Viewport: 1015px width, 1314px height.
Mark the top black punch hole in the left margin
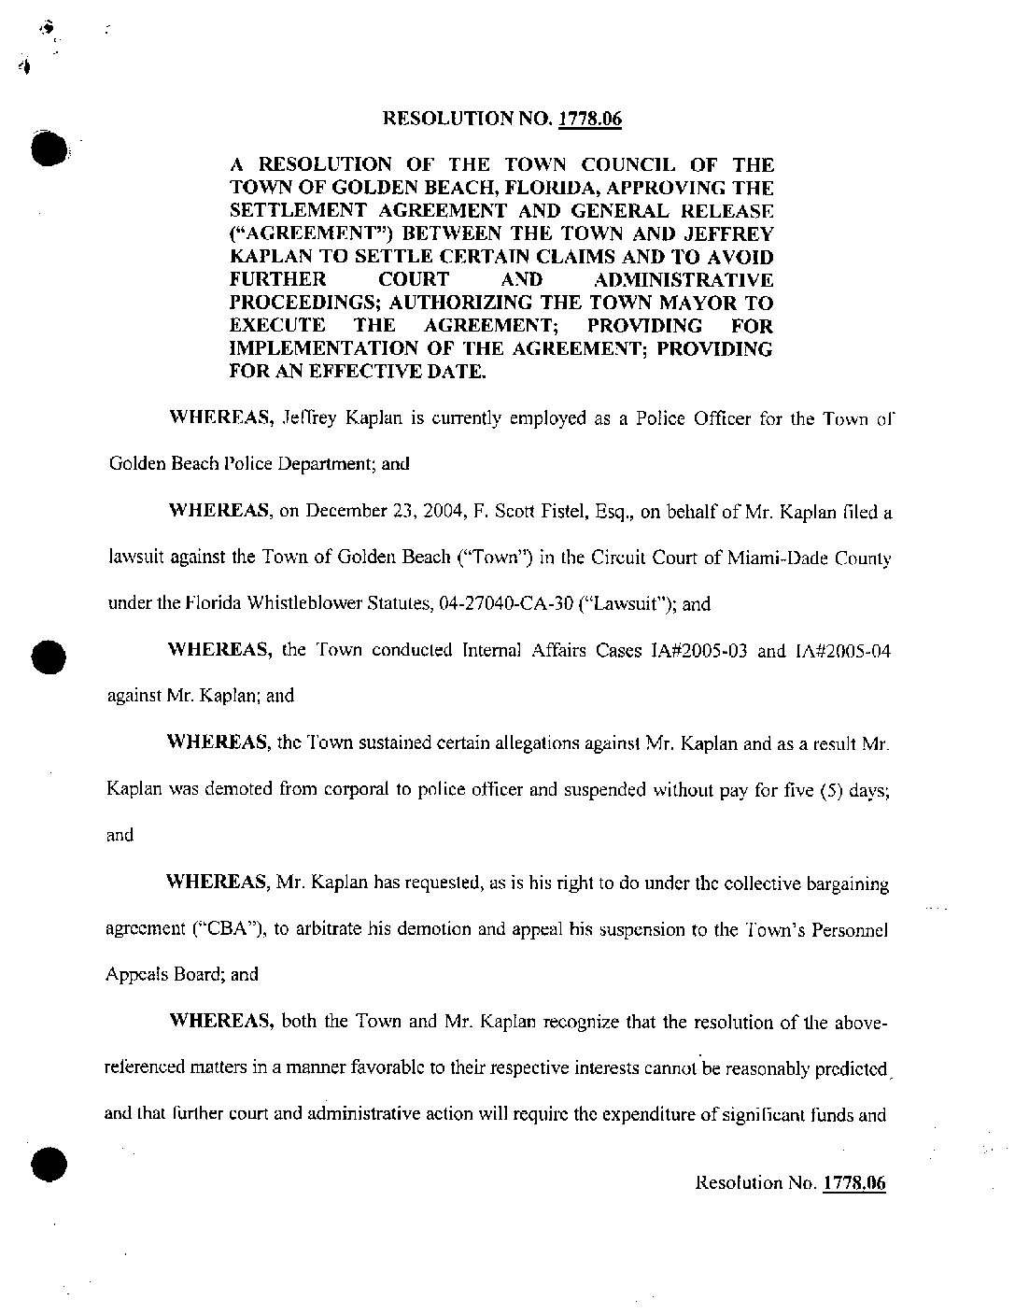pyautogui.click(x=46, y=148)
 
